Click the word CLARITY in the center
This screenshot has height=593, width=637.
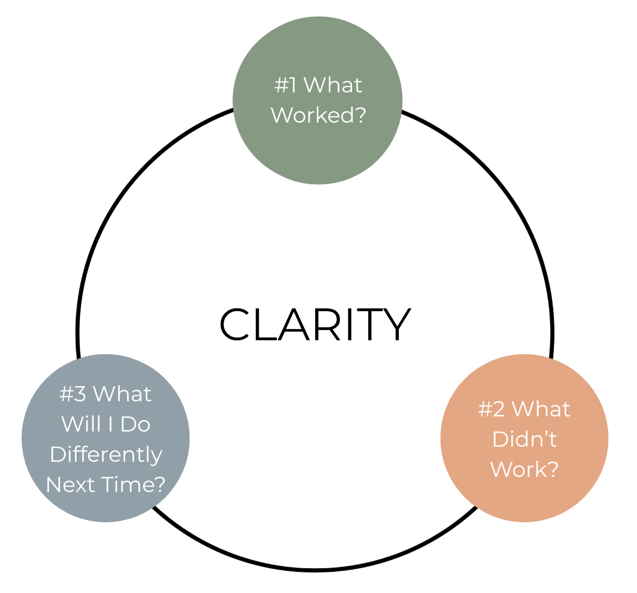click(315, 324)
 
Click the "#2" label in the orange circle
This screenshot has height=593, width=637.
click(491, 409)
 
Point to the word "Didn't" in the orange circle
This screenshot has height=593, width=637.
click(524, 439)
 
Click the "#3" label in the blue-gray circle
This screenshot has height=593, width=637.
click(72, 394)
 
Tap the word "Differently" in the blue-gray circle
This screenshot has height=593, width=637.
click(106, 455)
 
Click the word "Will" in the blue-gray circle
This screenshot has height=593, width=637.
click(81, 424)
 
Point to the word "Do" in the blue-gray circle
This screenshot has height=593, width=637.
click(135, 424)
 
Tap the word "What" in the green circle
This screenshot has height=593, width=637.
click(333, 85)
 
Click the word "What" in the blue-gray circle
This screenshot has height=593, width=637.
click(122, 394)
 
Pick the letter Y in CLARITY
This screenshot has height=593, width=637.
click(397, 324)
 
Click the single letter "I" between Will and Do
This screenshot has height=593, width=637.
click(110, 424)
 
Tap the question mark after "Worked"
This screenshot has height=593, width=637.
click(359, 115)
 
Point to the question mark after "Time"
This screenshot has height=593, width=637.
click(158, 484)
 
